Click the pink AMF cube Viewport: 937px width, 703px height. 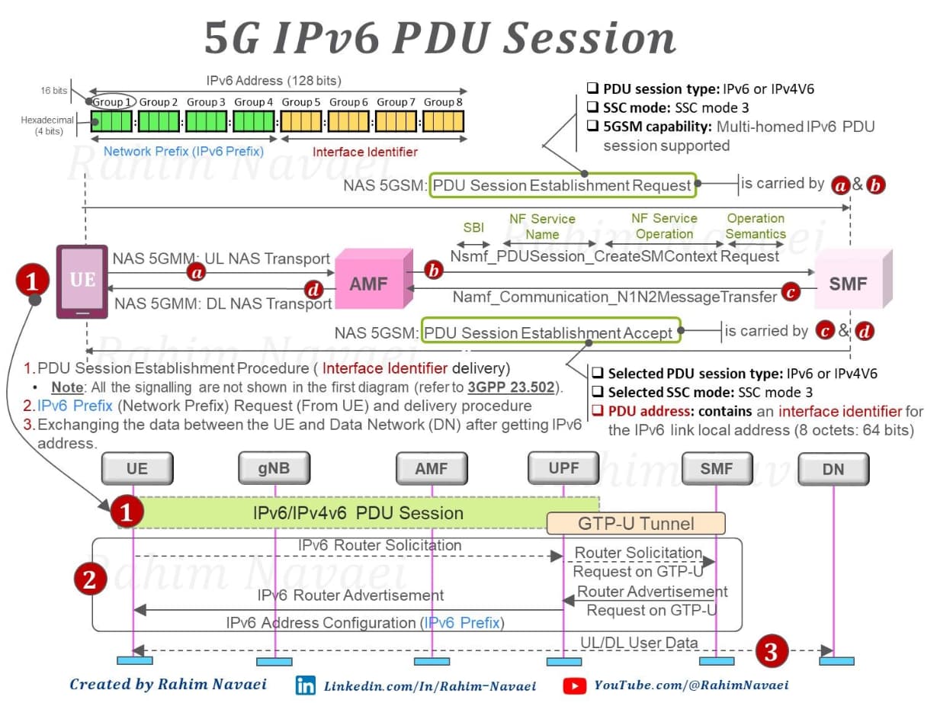click(374, 279)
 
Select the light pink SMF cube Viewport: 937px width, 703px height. click(853, 279)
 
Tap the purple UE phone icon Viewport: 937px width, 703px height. click(82, 281)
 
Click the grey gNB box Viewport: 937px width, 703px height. click(274, 468)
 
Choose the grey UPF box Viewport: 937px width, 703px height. click(563, 468)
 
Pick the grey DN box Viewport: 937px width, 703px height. click(833, 469)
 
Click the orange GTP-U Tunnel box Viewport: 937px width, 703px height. click(636, 523)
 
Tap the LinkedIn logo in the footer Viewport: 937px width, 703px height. click(306, 685)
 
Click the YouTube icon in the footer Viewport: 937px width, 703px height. click(575, 686)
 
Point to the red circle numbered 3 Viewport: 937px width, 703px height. click(772, 651)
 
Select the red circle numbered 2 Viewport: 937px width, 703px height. click(90, 579)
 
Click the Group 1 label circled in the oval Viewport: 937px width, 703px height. click(112, 102)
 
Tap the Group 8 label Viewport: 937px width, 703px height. click(443, 102)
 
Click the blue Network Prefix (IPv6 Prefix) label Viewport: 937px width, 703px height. click(184, 151)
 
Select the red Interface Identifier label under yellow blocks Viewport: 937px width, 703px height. click(365, 152)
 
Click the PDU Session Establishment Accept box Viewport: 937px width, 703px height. click(550, 330)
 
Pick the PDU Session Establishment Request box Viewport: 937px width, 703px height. click(563, 185)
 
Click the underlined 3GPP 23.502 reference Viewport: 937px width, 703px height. click(511, 387)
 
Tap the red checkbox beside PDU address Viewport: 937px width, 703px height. click(598, 410)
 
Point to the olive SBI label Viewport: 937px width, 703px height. click(473, 227)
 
